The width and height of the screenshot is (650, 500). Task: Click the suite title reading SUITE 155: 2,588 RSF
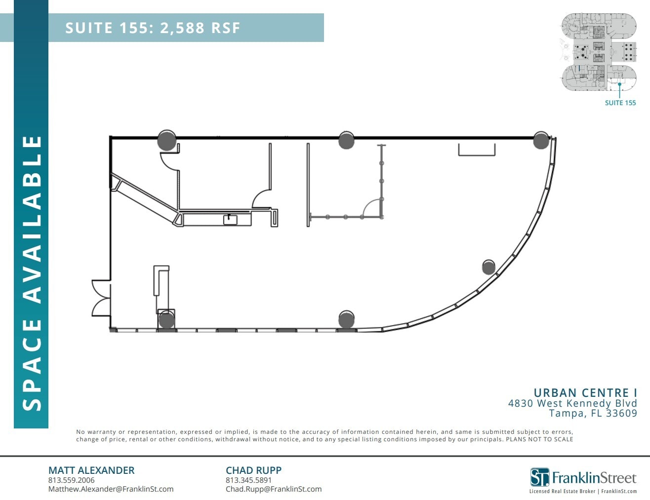click(x=153, y=28)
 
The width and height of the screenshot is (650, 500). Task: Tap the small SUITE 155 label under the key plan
click(x=620, y=103)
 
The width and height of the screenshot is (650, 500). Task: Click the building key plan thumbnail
click(x=599, y=52)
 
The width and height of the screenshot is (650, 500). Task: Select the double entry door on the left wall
click(x=101, y=298)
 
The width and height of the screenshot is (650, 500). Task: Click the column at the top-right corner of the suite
click(x=541, y=141)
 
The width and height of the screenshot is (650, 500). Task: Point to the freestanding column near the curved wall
click(x=488, y=267)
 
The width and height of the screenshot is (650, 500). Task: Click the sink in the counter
click(x=230, y=219)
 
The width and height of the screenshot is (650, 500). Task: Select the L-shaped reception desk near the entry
click(x=162, y=289)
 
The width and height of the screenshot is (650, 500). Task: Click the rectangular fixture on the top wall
click(x=477, y=150)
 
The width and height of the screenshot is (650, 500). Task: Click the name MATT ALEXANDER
click(x=91, y=470)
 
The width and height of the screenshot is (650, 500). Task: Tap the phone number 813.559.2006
click(x=71, y=480)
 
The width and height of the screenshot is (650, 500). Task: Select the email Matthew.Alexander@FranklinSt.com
click(x=111, y=489)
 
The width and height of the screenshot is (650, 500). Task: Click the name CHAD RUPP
click(x=253, y=470)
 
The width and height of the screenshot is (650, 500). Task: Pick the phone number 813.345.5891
click(x=248, y=480)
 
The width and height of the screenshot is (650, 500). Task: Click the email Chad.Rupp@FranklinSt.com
click(x=274, y=489)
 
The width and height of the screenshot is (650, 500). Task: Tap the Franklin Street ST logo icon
click(x=539, y=477)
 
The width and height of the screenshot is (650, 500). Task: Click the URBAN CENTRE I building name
click(x=585, y=393)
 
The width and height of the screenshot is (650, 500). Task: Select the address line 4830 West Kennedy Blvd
click(x=572, y=403)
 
